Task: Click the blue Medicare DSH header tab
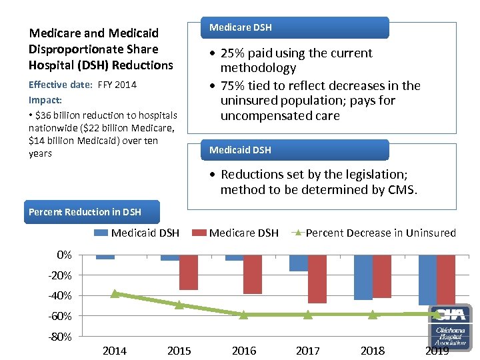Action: coord(295,27)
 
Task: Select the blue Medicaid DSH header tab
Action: coord(295,150)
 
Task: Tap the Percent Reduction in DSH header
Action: coord(85,212)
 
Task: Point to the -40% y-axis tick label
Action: coord(60,295)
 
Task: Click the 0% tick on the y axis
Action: coord(64,255)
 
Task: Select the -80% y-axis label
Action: coord(60,337)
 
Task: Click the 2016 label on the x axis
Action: coord(243,351)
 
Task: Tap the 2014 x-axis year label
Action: coord(115,351)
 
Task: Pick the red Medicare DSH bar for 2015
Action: coord(189,272)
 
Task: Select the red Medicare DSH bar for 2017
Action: coord(317,279)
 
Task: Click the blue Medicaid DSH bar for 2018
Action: coord(363,277)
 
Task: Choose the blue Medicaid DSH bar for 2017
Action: coord(299,263)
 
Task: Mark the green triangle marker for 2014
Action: coord(115,293)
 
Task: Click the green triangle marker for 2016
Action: coord(243,314)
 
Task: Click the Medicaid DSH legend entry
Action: coord(137,233)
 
